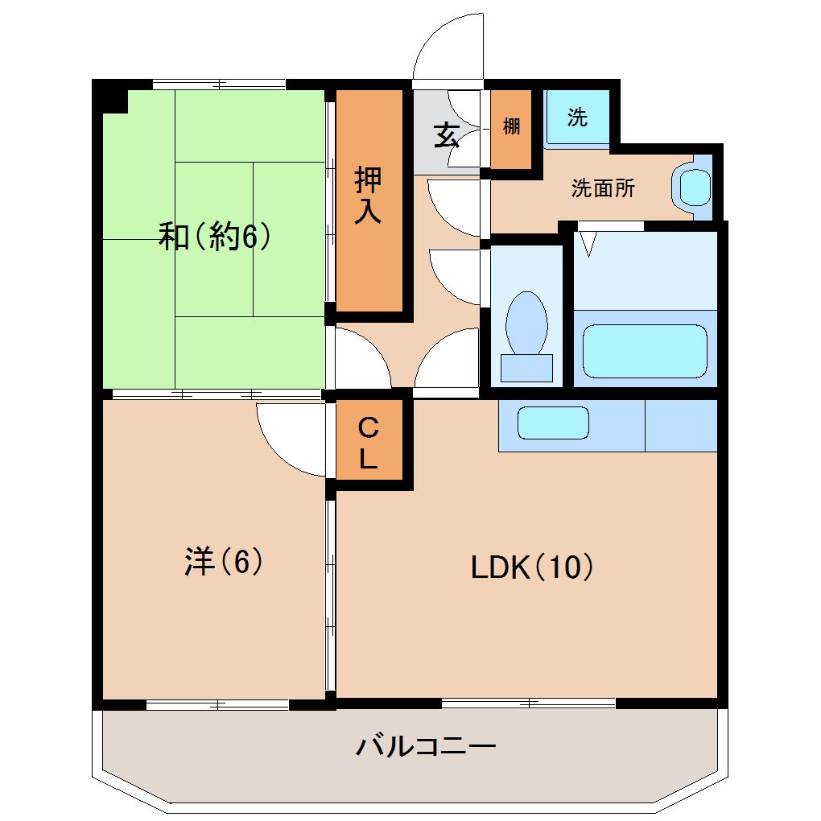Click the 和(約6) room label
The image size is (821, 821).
point(213,237)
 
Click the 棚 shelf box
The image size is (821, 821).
point(511,127)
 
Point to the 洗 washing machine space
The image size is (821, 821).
point(577,118)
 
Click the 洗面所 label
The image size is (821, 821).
point(603,188)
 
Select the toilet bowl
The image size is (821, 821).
point(526,330)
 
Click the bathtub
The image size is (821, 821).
point(644,351)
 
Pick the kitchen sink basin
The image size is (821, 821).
point(553,423)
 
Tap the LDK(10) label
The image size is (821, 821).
point(532,567)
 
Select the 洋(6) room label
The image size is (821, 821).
point(224,561)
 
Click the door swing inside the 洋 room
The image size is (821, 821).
point(291,439)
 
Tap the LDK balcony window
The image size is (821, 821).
point(528,703)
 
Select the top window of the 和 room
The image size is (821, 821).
point(219,84)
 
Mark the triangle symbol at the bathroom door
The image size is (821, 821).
point(587,243)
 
